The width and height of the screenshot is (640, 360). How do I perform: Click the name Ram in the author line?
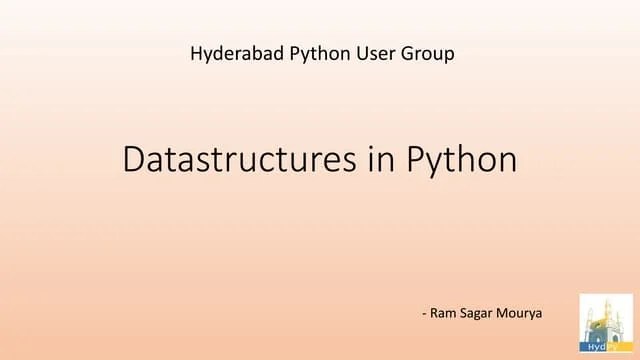pos(445,313)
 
